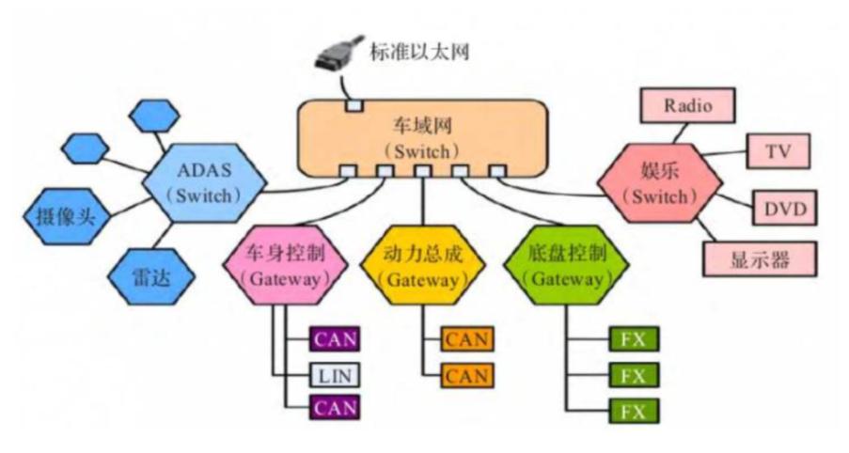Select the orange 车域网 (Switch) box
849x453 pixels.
(422, 137)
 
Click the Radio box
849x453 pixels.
(687, 105)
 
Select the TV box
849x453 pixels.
(777, 150)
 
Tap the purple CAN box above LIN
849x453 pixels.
(334, 338)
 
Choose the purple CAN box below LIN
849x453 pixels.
(334, 408)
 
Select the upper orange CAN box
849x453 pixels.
(467, 338)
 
